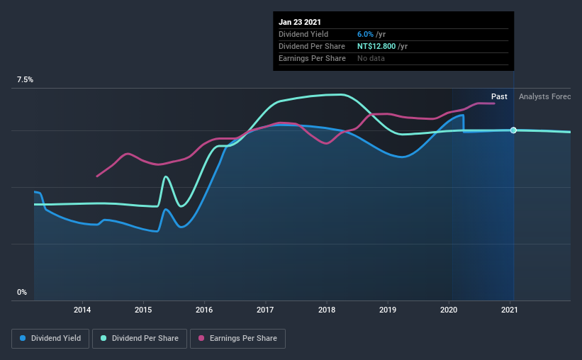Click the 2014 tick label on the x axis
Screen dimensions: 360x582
tap(82, 310)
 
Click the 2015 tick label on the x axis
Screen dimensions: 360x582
tap(143, 310)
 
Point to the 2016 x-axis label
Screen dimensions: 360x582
tap(204, 310)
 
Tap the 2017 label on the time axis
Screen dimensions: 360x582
tap(265, 310)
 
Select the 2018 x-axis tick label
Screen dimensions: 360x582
tap(327, 310)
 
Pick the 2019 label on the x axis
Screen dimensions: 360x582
tap(388, 310)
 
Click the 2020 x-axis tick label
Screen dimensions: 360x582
tap(449, 310)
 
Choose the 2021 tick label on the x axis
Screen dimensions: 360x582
tap(510, 310)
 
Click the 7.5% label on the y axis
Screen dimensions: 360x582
tap(25, 80)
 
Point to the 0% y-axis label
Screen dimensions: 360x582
tap(22, 292)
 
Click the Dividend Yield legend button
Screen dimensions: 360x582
tap(50, 339)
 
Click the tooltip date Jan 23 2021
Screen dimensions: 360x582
tap(300, 22)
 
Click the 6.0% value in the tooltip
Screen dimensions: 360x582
tap(366, 34)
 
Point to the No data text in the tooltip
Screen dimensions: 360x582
tap(372, 58)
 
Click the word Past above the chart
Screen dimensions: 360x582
tap(499, 96)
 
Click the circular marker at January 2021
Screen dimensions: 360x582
tap(513, 130)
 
